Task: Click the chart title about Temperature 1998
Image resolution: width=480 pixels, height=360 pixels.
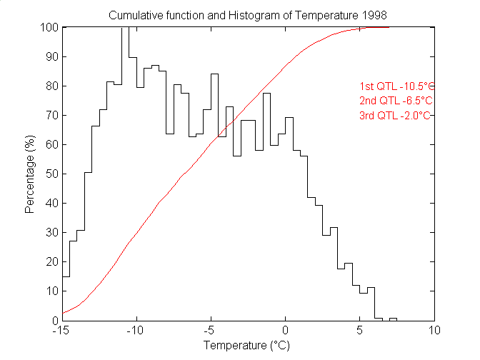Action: tap(248, 15)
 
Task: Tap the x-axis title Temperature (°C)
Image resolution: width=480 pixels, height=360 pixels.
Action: tap(247, 346)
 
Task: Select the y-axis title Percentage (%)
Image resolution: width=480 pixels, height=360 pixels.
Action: tap(29, 174)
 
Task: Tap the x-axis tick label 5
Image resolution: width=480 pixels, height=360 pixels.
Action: tap(359, 331)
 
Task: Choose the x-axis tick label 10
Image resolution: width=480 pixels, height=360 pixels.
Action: tap(434, 331)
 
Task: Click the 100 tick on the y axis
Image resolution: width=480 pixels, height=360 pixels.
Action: tap(49, 28)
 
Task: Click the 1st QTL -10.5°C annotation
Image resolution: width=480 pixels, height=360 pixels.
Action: tap(396, 86)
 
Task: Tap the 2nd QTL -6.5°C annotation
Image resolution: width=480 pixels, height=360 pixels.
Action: tap(396, 100)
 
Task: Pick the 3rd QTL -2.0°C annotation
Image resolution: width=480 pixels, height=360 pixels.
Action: tap(396, 115)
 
